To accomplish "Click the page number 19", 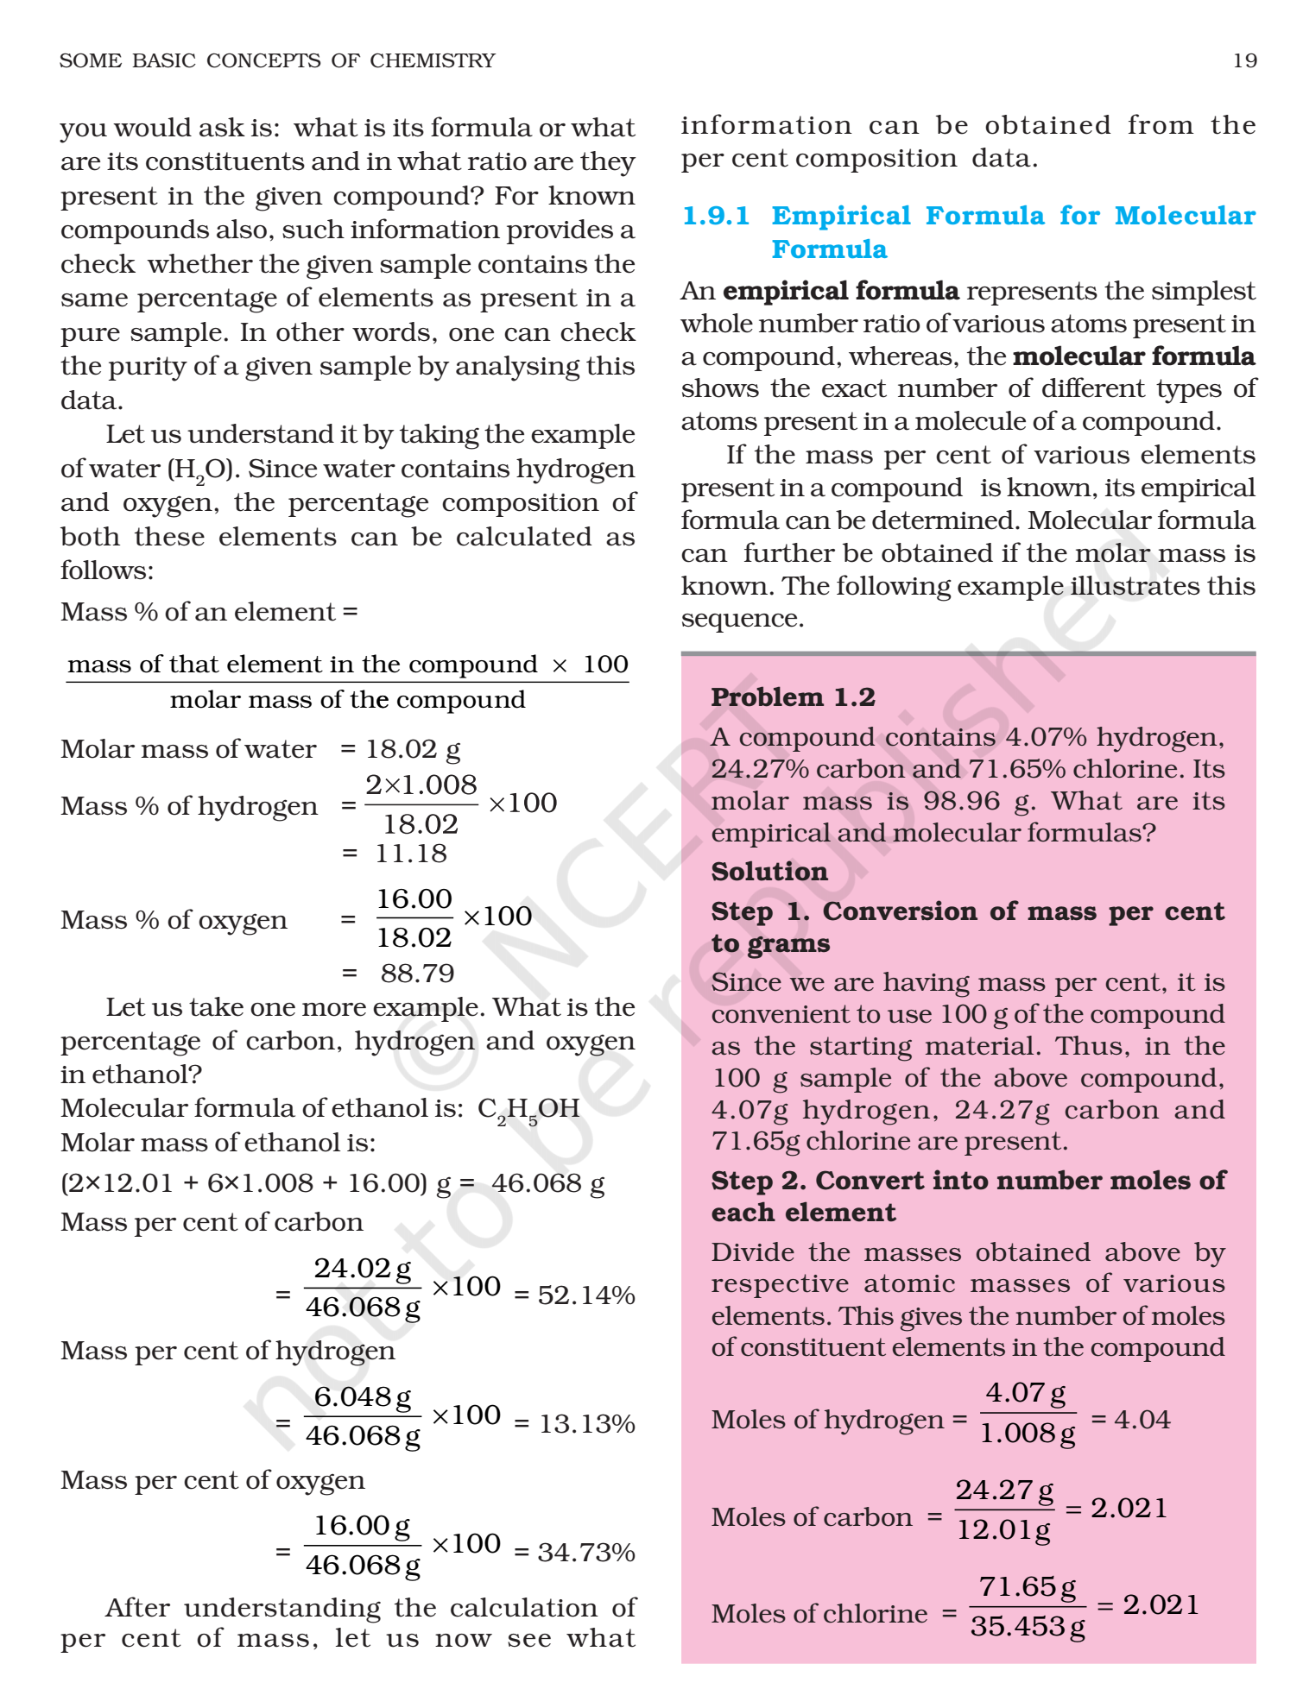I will coord(1244,60).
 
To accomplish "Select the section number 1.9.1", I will coord(716,216).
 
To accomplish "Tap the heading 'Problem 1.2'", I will coord(793,697).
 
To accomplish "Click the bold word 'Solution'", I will coord(769,872).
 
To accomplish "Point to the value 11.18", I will coord(411,854).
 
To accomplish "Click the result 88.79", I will coord(417,974).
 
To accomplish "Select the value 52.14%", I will coord(586,1295).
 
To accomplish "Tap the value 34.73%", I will coord(586,1553).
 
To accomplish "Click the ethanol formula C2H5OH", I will coord(528,1109).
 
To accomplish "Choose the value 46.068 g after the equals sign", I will coord(547,1183).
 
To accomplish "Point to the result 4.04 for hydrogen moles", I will coord(1142,1420).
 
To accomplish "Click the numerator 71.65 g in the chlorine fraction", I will coord(1028,1587).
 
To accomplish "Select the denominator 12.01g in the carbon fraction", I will coord(1003,1530).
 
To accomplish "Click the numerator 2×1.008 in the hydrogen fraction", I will coord(421,785).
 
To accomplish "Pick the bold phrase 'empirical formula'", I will coord(840,291).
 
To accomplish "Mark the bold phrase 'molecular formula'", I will coord(1134,356).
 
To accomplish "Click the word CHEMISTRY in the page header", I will coord(433,60).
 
